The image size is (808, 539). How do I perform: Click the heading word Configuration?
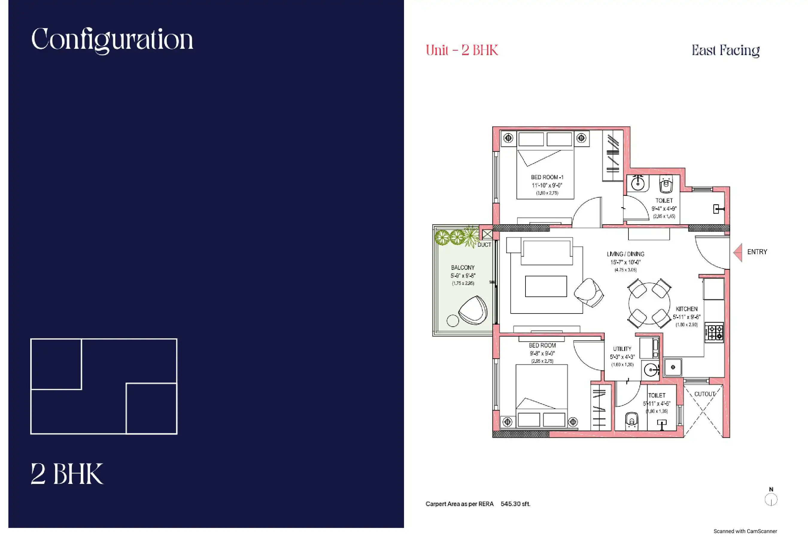pyautogui.click(x=112, y=40)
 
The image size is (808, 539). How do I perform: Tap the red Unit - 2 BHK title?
pyautogui.click(x=462, y=50)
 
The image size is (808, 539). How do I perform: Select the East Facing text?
pyautogui.click(x=725, y=51)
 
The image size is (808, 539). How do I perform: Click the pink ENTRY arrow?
pyautogui.click(x=738, y=252)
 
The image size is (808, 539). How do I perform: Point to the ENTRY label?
pyautogui.click(x=757, y=252)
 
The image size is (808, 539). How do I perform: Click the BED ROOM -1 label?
pyautogui.click(x=547, y=177)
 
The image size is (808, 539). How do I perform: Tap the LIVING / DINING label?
pyautogui.click(x=625, y=254)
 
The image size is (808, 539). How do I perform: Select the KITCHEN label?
pyautogui.click(x=687, y=309)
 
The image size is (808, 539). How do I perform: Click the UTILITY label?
pyautogui.click(x=622, y=349)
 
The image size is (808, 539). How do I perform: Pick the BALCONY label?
pyautogui.click(x=463, y=267)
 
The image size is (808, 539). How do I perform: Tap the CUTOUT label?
pyautogui.click(x=704, y=394)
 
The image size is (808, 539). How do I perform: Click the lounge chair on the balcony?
pyautogui.click(x=473, y=311)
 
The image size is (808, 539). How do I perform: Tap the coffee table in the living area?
pyautogui.click(x=546, y=286)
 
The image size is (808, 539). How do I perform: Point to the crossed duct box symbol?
pyautogui.click(x=487, y=234)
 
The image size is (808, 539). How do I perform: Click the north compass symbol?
pyautogui.click(x=771, y=499)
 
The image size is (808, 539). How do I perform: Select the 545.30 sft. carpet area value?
pyautogui.click(x=515, y=504)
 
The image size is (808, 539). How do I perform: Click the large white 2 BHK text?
pyautogui.click(x=67, y=474)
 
